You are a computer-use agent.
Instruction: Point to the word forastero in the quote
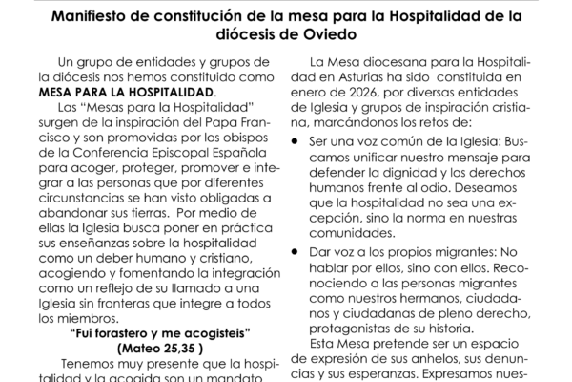[x=142, y=333]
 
